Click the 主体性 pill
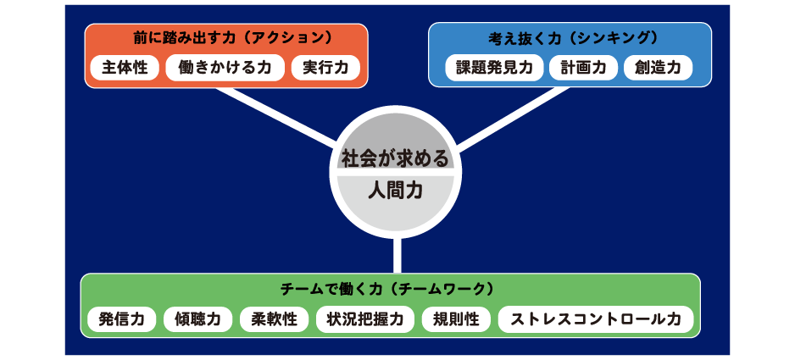125,68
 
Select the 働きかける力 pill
225,68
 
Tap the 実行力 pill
325,68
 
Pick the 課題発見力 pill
494,68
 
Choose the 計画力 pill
584,68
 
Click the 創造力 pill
658,68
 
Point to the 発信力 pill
122,319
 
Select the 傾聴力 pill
197,319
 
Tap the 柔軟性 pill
274,319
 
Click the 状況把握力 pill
365,319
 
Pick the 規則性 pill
456,319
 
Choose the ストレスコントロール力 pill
596,319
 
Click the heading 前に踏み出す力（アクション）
225,38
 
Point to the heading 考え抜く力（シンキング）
570,38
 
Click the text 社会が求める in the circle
396,158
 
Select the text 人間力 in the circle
396,191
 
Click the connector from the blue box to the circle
513,119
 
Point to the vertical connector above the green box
397,256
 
